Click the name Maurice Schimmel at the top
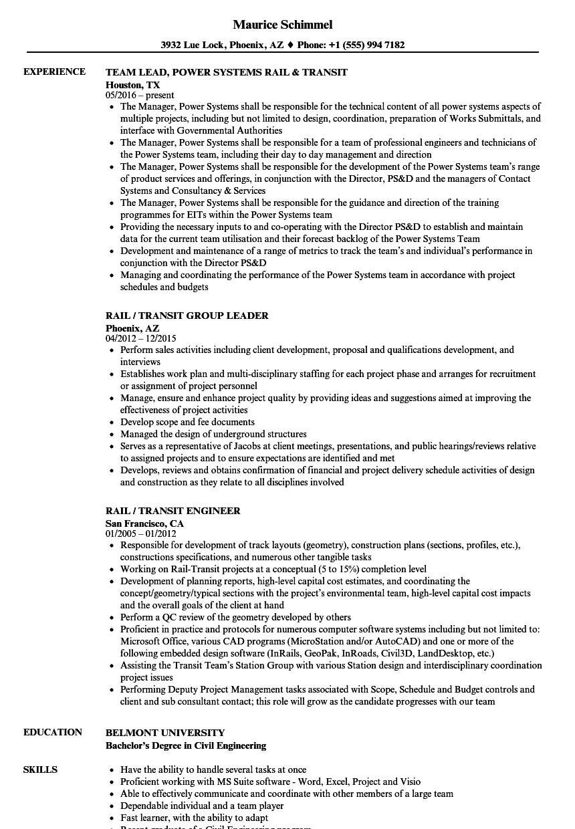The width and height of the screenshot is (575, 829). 283,25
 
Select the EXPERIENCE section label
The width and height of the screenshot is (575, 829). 54,72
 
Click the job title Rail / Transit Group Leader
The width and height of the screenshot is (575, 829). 187,316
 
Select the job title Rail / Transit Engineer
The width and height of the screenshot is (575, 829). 172,511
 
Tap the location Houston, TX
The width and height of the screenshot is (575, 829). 132,85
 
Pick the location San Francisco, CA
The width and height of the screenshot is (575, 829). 144,523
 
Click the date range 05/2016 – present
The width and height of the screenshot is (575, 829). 140,96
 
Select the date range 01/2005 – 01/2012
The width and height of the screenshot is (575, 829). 141,534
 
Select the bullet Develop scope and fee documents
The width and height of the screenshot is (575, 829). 187,422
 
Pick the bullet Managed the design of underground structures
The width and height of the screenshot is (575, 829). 213,434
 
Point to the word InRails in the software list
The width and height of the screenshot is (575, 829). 285,653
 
